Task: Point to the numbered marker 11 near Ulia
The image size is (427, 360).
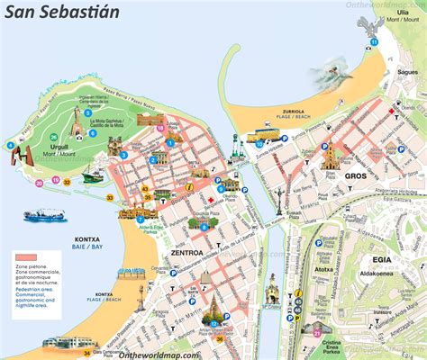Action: point(374,42)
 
